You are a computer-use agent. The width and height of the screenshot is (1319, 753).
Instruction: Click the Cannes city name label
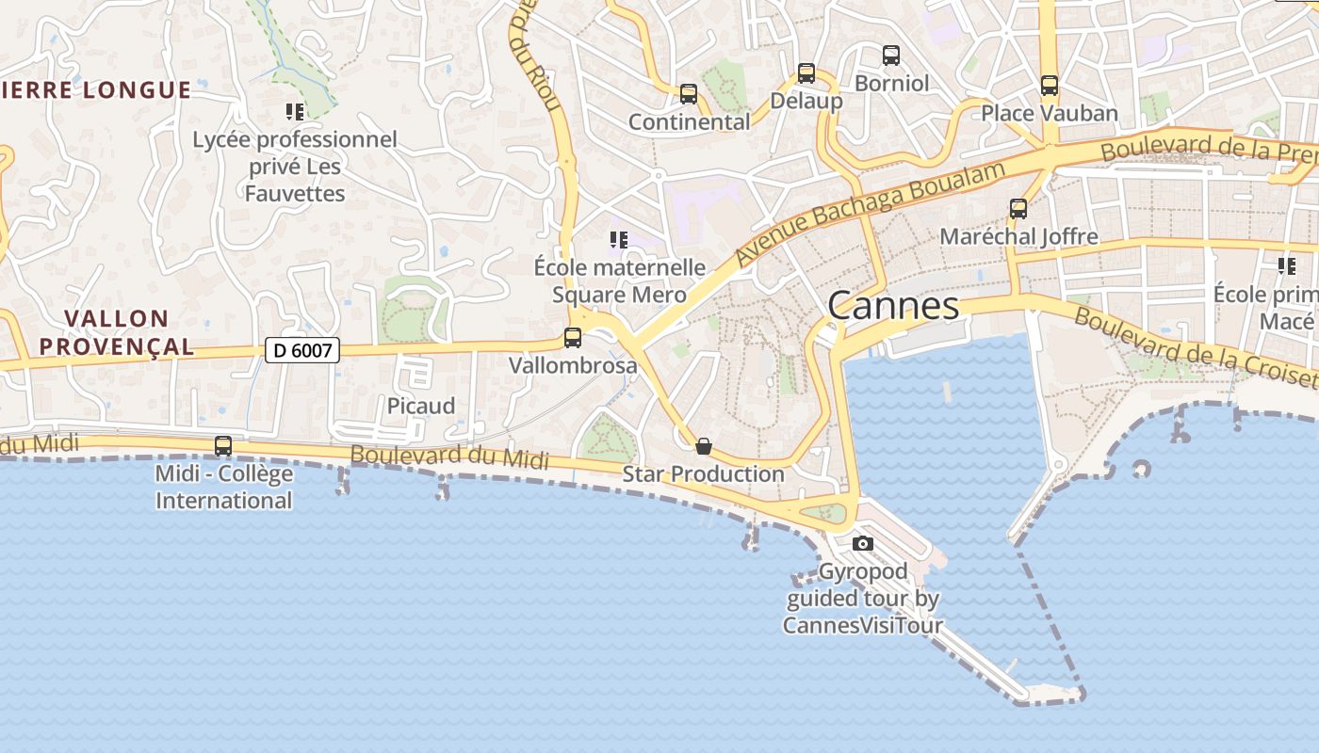coord(893,305)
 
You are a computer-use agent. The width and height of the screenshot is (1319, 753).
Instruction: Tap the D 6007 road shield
coord(301,350)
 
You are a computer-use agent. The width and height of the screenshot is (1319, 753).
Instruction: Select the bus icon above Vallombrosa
coord(573,338)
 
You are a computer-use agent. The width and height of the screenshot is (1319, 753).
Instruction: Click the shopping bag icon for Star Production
coord(703,446)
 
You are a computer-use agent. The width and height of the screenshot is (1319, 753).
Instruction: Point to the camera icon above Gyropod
coord(862,543)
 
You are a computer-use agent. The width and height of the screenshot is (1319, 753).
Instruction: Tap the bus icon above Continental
coord(689,94)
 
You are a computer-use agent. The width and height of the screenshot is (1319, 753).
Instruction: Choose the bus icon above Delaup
coord(806,72)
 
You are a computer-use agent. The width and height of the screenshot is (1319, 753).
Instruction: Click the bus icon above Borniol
coord(891,56)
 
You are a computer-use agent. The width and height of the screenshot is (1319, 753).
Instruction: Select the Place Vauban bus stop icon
coord(1050,86)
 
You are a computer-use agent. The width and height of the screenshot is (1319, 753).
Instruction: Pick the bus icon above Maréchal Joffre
coord(1018,208)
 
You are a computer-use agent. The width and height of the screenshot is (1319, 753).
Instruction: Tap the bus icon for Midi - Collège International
coord(223,446)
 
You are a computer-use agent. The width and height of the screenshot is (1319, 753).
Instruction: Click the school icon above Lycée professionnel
coord(295,112)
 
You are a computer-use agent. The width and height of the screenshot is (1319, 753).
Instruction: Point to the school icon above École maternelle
coord(618,240)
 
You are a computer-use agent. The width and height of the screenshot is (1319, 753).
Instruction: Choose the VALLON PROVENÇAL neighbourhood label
coord(117,332)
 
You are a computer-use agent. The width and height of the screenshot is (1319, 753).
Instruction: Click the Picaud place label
coord(421,406)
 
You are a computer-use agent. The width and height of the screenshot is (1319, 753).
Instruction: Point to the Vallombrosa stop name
coord(573,365)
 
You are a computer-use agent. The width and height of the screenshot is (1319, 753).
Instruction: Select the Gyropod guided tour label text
coord(863,598)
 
